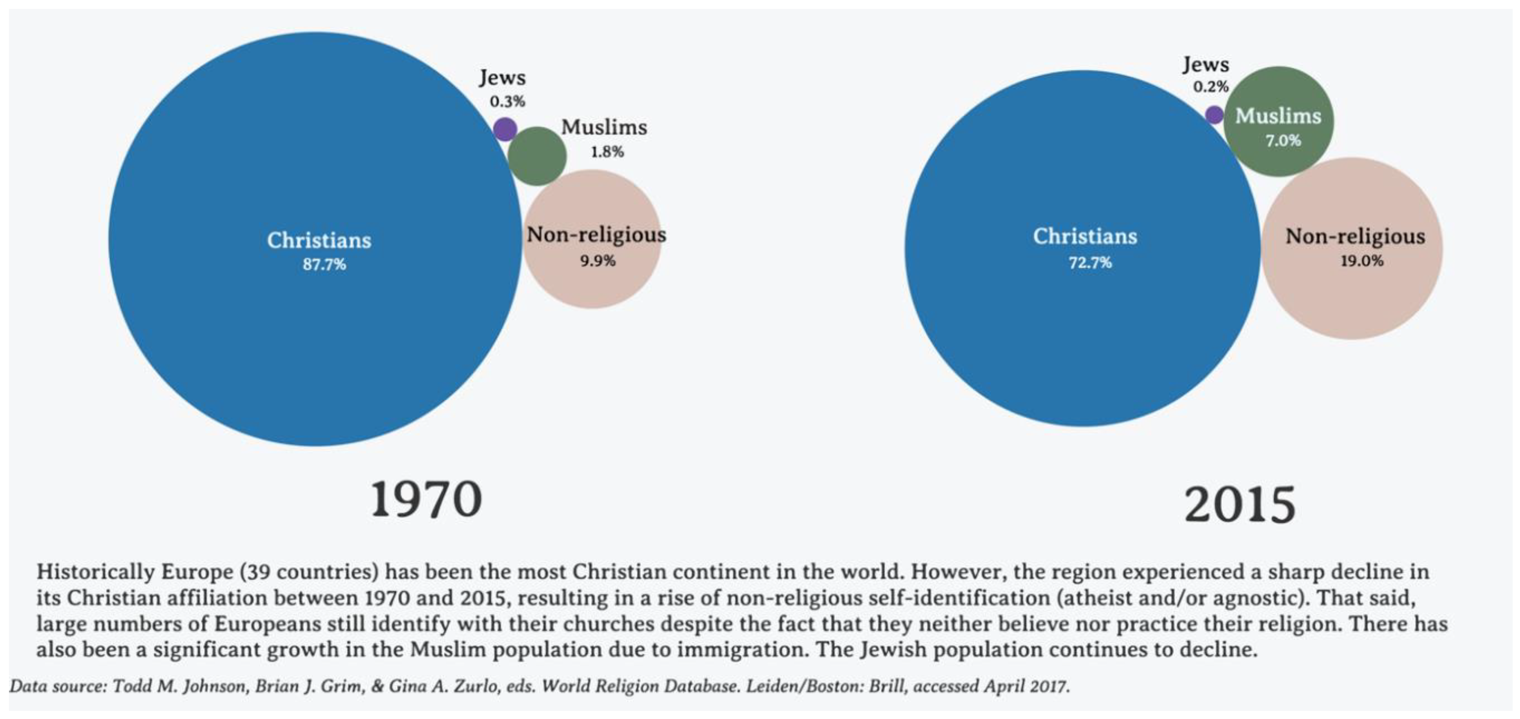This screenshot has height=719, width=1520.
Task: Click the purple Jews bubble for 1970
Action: point(505,129)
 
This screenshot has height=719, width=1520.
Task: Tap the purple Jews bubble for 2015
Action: point(1214,115)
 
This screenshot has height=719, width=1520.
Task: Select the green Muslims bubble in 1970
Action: point(537,156)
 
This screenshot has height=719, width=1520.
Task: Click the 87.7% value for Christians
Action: point(324,264)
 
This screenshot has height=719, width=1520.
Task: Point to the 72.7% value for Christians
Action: point(1090,262)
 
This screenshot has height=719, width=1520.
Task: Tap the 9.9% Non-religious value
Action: point(597,260)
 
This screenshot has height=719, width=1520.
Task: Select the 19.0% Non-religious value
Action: point(1361,261)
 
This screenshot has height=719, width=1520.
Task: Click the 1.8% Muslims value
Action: point(607,152)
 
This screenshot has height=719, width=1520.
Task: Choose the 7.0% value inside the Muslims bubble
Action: point(1283,140)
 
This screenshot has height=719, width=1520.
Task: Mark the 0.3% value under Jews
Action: point(507,102)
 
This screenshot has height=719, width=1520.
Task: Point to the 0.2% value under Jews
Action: point(1211,87)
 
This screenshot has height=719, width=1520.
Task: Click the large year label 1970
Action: point(426,499)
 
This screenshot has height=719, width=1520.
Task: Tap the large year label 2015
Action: point(1240,505)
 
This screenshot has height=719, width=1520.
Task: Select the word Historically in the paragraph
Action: point(94,572)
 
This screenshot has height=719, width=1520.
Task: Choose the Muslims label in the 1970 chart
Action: point(604,127)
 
